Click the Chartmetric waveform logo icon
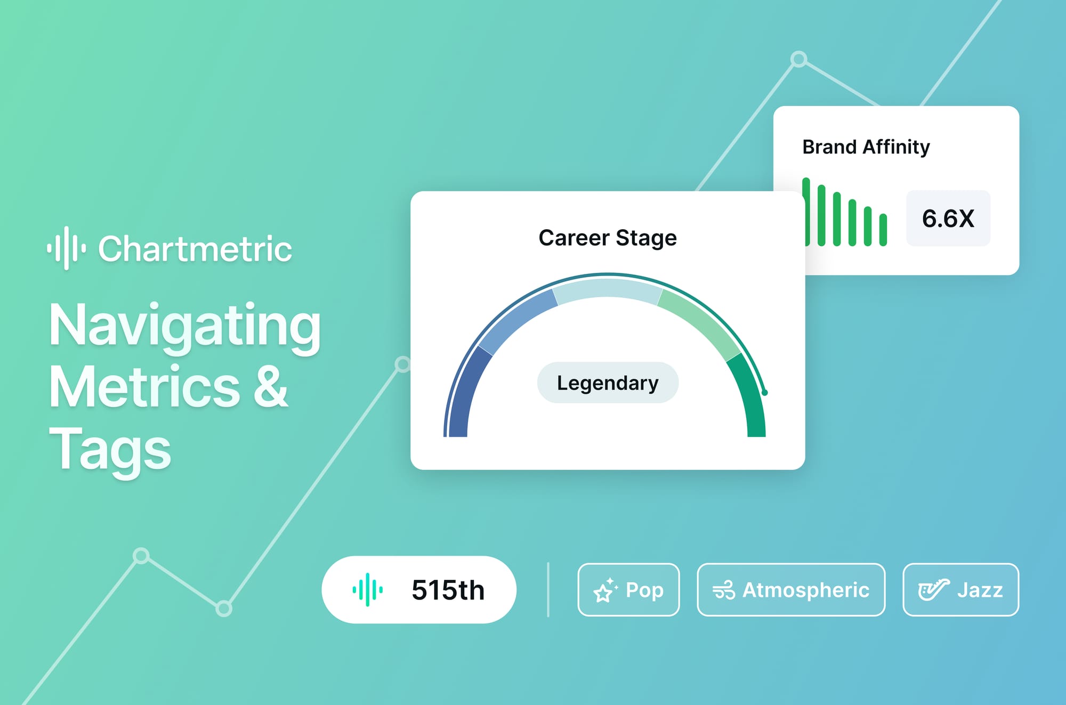[x=67, y=248]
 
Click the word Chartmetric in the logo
[x=195, y=249]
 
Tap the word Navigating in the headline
[x=184, y=326]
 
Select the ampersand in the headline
[x=270, y=387]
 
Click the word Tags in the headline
[x=110, y=449]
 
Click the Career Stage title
[x=608, y=238]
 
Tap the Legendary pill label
[x=608, y=383]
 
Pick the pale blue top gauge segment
[x=608, y=289]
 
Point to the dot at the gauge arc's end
[x=765, y=393]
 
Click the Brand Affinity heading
[x=866, y=147]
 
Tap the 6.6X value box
[x=948, y=218]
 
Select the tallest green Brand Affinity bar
[x=806, y=212]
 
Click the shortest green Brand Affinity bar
[x=883, y=230]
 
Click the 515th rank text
[x=448, y=590]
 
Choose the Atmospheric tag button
[x=791, y=590]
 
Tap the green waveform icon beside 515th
[x=367, y=590]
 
